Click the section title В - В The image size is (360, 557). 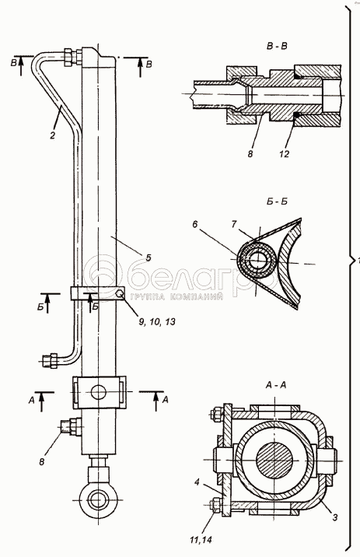(x=277, y=46)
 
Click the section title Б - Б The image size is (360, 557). (x=276, y=201)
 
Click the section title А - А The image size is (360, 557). (x=275, y=385)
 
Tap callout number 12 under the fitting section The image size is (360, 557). (x=285, y=153)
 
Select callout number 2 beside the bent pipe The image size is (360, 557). (x=53, y=135)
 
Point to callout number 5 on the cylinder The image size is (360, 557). (x=149, y=257)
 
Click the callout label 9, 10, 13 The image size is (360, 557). (x=157, y=322)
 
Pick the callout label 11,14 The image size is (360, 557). (x=200, y=541)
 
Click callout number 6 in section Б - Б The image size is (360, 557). (x=195, y=224)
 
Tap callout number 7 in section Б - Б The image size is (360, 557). (x=233, y=225)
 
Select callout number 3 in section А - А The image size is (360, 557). (x=334, y=517)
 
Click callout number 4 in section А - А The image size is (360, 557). (x=197, y=482)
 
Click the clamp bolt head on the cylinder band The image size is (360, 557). (x=120, y=293)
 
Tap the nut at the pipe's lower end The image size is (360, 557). (x=54, y=360)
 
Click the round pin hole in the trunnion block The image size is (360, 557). (x=98, y=392)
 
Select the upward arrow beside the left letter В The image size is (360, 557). (x=20, y=65)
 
